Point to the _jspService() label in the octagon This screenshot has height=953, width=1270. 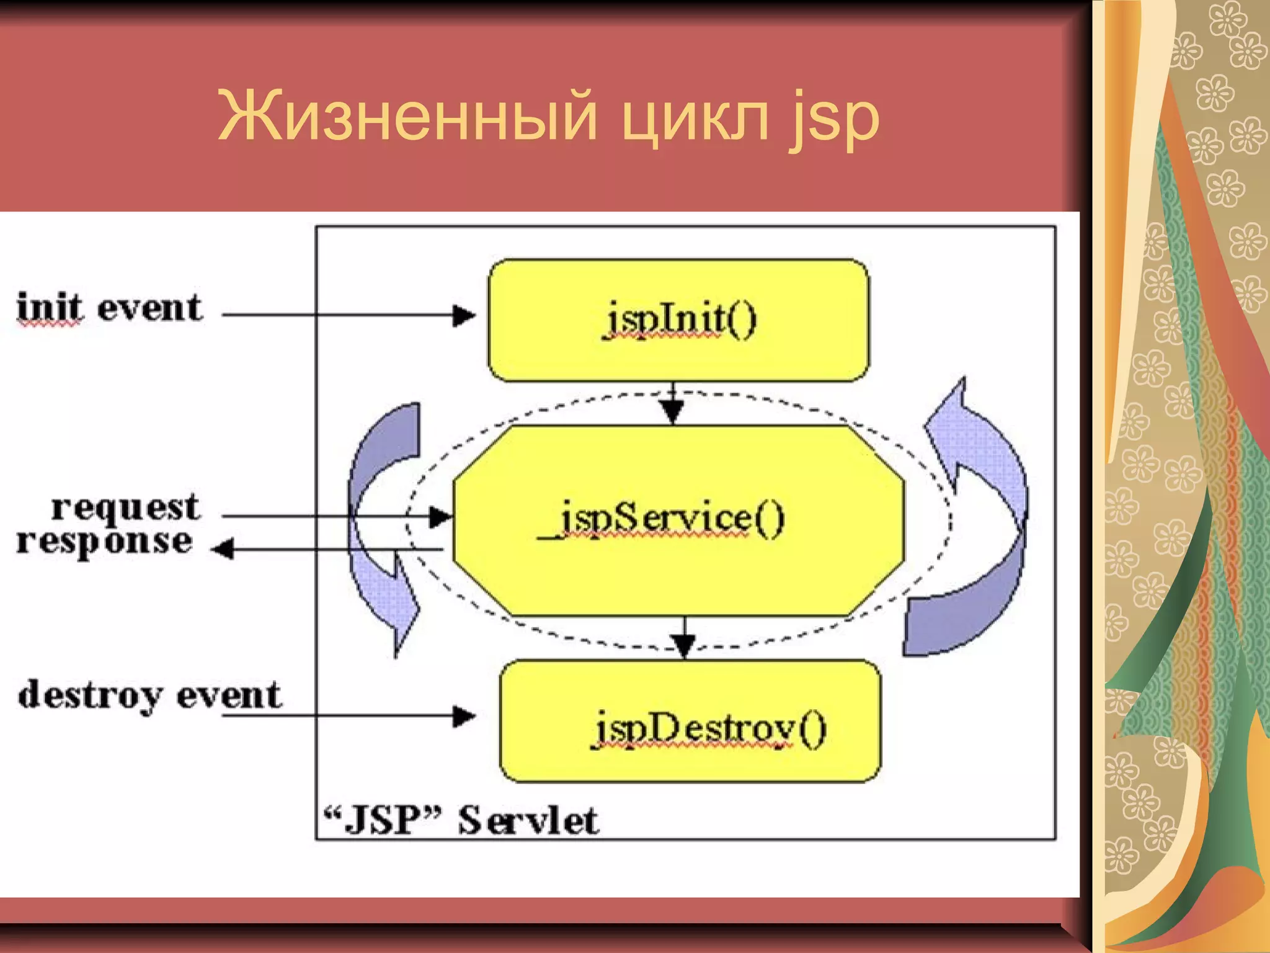tap(662, 519)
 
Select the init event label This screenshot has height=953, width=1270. tap(109, 308)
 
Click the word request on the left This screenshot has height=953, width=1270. tap(125, 508)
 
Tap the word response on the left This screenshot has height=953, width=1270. tap(104, 542)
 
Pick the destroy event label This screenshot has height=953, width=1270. tap(149, 695)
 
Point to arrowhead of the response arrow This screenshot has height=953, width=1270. tap(223, 549)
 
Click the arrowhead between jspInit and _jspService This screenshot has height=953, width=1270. tap(672, 411)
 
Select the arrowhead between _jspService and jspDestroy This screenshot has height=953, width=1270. tap(684, 646)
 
